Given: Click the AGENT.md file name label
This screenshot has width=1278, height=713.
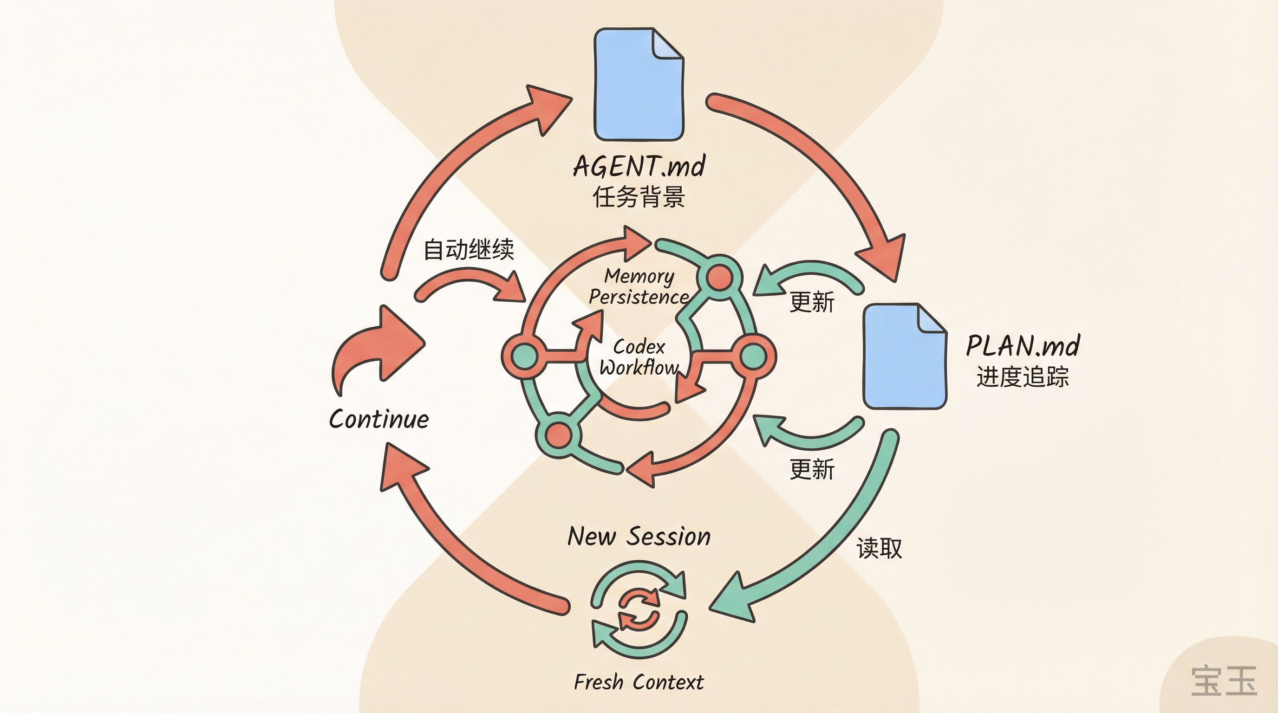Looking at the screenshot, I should pos(639,166).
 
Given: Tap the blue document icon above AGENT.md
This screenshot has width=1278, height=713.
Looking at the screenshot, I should pos(638,84).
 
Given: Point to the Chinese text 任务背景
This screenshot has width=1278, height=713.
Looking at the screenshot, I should pos(639,197).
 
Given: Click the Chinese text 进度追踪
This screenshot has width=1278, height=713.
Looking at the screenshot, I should pos(1022,376).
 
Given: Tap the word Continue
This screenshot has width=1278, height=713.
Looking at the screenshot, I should pos(378,420).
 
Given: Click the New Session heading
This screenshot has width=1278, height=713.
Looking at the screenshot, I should pos(639,537).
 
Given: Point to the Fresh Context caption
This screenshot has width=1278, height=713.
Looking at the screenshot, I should pos(639,682).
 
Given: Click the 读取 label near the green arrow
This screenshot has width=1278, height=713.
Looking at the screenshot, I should pos(879,548).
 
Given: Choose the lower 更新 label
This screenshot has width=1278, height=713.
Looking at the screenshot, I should pos(812,469).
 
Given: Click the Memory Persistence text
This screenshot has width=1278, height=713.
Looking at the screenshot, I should pos(639,286).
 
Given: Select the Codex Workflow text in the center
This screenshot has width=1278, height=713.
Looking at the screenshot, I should pos(639,357).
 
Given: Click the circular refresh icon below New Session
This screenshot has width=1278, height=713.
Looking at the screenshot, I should pos(639,609).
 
